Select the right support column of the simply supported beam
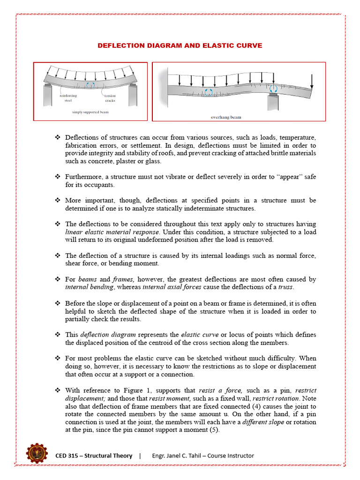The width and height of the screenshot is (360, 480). [133, 96]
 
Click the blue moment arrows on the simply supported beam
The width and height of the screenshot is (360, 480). [90, 85]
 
